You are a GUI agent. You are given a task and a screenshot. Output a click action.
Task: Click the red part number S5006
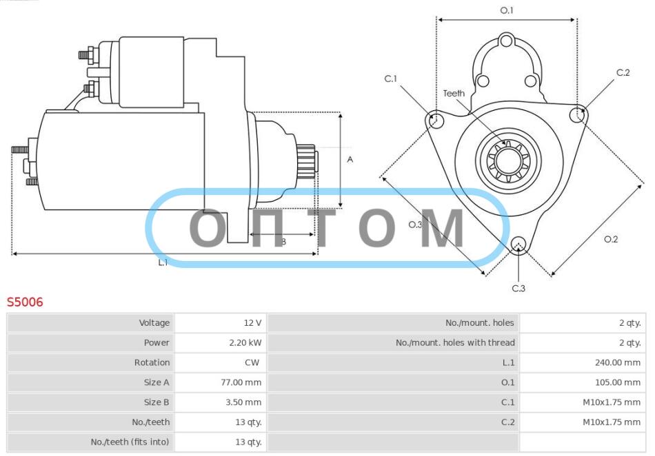tap(25, 302)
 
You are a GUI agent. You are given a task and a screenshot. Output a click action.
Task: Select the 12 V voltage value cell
tap(253, 322)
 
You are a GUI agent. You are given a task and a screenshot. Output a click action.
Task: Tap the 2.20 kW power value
tap(245, 342)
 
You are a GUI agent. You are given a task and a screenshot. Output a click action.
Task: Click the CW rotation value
tap(252, 362)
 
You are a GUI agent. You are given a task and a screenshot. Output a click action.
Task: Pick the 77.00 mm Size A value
tap(241, 382)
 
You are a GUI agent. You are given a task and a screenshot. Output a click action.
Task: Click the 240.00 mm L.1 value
tap(618, 362)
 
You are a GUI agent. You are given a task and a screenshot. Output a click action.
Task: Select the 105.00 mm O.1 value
tap(618, 382)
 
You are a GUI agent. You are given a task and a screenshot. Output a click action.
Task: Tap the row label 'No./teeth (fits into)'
tap(130, 442)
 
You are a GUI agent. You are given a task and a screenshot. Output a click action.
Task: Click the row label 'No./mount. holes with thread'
tap(455, 342)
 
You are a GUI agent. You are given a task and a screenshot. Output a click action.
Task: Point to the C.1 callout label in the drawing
tap(390, 79)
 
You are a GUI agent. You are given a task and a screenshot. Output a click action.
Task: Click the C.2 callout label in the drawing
tap(623, 72)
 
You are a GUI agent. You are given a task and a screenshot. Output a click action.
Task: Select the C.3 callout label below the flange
tap(518, 289)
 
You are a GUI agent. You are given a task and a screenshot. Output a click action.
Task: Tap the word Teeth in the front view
tap(454, 94)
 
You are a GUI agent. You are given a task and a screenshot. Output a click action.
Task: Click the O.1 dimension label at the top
tap(507, 10)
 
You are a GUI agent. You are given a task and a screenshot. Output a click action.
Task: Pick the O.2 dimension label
tap(611, 239)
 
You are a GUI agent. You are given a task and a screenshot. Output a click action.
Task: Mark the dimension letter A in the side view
tap(350, 159)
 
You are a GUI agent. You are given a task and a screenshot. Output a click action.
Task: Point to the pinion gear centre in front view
tap(509, 160)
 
